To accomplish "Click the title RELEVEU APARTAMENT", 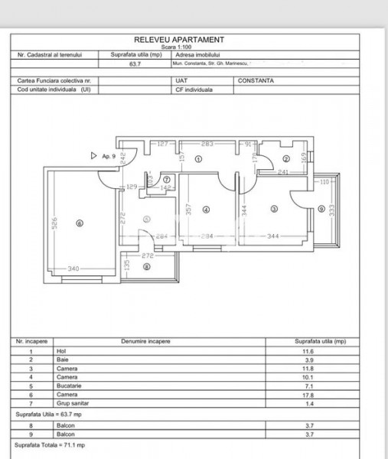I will pyautogui.click(x=178, y=40).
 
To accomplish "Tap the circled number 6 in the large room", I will pyautogui.click(x=79, y=223).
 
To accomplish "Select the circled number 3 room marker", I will pyautogui.click(x=273, y=209).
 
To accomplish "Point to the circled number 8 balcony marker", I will pyautogui.click(x=146, y=266).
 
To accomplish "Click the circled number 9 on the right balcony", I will pyautogui.click(x=321, y=209).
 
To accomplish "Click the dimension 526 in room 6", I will pyautogui.click(x=54, y=223).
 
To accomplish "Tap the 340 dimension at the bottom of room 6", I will pyautogui.click(x=73, y=269).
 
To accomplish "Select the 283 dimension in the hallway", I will pyautogui.click(x=207, y=144).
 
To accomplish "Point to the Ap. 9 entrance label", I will pyautogui.click(x=108, y=155).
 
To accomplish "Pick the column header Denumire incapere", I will pyautogui.click(x=145, y=341).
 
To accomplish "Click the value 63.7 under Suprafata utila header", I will pyautogui.click(x=136, y=64).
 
